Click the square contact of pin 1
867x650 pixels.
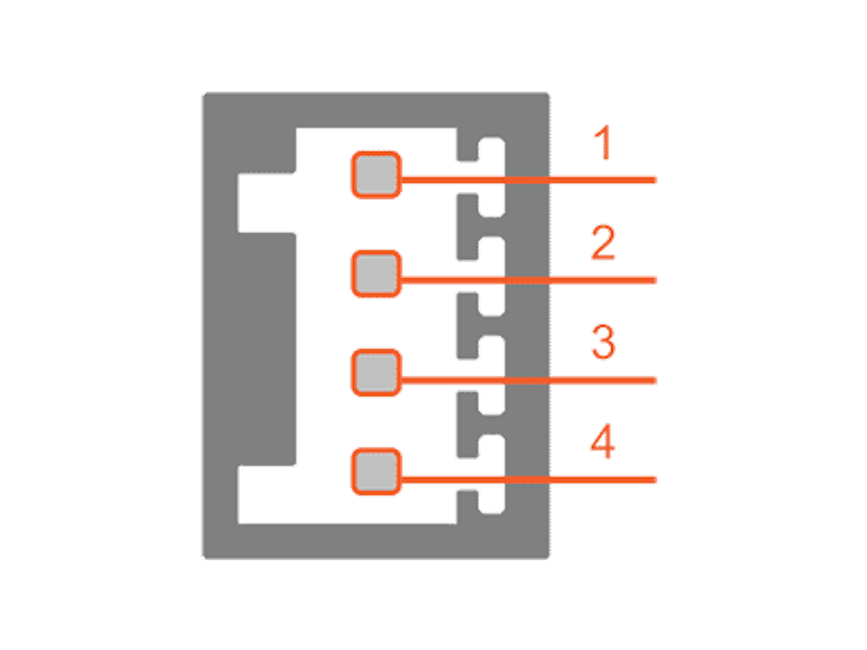click(376, 174)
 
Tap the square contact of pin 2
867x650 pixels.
click(376, 273)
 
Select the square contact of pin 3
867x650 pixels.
click(376, 372)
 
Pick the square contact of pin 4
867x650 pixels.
click(376, 471)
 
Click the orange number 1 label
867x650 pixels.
click(603, 142)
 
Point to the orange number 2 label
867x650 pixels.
click(603, 242)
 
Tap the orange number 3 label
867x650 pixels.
click(603, 342)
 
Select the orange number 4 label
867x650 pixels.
click(603, 441)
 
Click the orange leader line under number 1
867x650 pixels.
click(528, 179)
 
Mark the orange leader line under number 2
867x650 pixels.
click(528, 280)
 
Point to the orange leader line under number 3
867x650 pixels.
click(528, 380)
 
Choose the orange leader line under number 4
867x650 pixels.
click(528, 480)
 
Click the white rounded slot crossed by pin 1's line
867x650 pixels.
click(492, 177)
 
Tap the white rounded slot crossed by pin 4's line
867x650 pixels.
click(492, 474)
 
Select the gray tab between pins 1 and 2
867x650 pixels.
click(467, 227)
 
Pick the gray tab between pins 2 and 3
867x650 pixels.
click(467, 326)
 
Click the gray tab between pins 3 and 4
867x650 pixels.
click(467, 425)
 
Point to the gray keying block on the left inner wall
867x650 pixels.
click(267, 349)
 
